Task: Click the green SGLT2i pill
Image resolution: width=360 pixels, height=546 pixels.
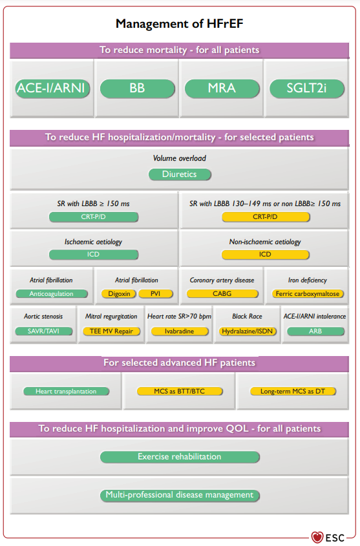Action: tap(307, 89)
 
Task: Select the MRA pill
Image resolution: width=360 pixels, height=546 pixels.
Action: tap(222, 89)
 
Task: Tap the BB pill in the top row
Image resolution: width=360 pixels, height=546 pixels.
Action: tap(137, 89)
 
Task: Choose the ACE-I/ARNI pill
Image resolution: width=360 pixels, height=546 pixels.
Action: tap(52, 89)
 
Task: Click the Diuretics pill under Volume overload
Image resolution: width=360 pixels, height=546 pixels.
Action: tap(180, 174)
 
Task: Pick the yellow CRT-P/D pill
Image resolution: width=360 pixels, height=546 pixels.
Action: tap(265, 217)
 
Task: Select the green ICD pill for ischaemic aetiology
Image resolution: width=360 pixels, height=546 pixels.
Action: tap(93, 255)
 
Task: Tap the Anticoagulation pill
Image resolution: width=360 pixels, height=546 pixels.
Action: tap(52, 294)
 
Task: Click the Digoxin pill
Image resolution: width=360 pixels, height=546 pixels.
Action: tap(119, 294)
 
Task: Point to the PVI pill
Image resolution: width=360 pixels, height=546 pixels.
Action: tap(155, 294)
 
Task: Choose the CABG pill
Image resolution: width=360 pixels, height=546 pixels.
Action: tap(222, 294)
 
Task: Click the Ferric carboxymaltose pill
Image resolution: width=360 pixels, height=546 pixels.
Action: tap(308, 294)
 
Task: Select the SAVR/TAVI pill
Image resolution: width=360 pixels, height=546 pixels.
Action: tap(43, 331)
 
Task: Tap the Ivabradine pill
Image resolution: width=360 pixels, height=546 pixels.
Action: tap(179, 331)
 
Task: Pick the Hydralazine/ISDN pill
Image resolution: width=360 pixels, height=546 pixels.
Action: tap(247, 331)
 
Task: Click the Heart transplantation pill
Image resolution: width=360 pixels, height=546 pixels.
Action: tap(66, 392)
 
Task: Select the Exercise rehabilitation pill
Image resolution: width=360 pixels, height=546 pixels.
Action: tap(180, 457)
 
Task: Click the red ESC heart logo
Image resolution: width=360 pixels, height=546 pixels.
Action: tap(317, 537)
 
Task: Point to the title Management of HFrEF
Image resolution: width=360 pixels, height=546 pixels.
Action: tap(180, 24)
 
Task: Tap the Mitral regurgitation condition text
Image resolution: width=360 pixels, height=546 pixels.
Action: tap(111, 317)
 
